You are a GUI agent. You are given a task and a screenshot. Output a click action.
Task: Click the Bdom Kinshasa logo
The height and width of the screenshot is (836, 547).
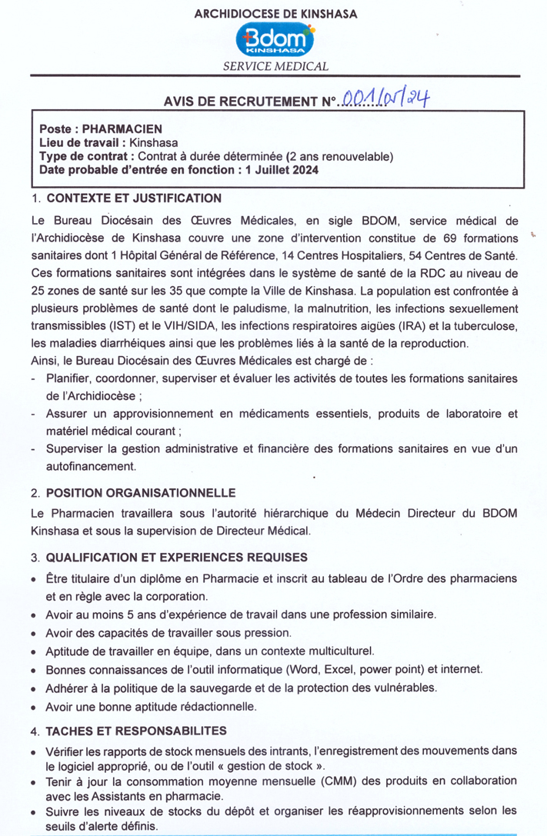click(276, 38)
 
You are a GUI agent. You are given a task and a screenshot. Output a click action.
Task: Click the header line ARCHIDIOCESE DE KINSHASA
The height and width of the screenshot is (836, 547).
click(276, 14)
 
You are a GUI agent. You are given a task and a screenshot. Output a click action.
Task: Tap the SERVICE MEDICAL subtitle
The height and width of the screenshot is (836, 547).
click(275, 67)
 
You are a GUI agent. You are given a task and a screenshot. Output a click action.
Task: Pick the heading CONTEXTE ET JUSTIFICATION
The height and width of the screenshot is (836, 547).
click(134, 198)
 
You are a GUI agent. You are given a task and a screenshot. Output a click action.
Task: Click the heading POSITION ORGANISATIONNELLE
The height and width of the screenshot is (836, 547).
click(142, 492)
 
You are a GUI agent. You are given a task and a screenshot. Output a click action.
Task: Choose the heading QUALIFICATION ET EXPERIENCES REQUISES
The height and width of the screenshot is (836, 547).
click(178, 556)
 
